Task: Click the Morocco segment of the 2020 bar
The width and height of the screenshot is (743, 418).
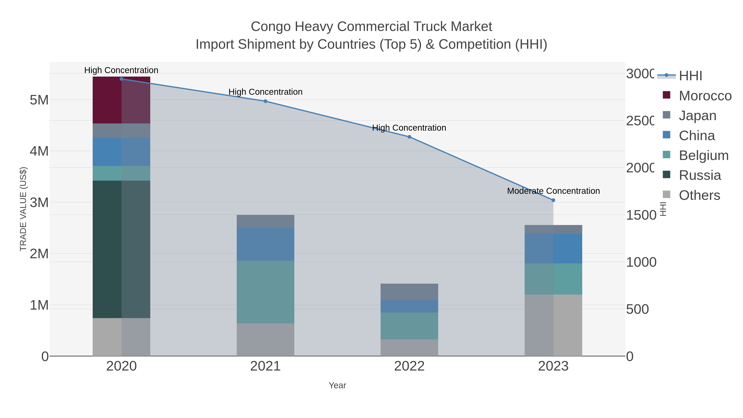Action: (x=121, y=100)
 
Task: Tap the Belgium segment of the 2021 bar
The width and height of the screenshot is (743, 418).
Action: (x=265, y=292)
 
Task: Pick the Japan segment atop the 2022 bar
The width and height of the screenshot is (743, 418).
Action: (x=409, y=292)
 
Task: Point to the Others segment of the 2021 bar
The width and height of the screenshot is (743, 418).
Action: (x=265, y=340)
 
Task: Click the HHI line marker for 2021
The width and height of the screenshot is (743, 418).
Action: (x=265, y=101)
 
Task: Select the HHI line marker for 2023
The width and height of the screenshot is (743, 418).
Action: (x=553, y=200)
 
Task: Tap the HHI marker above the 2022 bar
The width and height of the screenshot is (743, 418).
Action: (x=409, y=137)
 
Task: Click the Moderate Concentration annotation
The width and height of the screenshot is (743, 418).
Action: (x=553, y=191)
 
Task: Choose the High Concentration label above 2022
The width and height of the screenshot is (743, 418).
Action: (x=409, y=128)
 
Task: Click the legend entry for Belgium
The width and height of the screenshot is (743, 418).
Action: (x=703, y=155)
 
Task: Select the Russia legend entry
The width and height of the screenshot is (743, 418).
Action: (x=699, y=175)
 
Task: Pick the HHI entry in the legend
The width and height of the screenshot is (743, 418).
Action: (x=690, y=76)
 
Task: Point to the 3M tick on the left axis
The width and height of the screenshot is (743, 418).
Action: (x=39, y=202)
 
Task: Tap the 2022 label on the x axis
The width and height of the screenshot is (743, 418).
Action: (x=409, y=366)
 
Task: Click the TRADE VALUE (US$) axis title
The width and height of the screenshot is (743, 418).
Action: (x=23, y=209)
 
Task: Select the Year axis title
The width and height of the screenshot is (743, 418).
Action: (x=337, y=385)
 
